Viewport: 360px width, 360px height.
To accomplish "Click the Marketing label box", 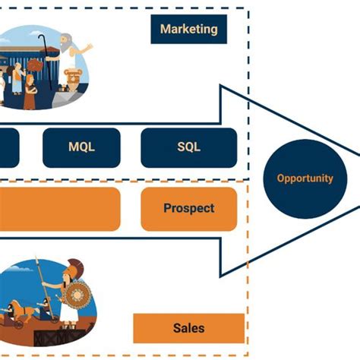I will tap(188, 30).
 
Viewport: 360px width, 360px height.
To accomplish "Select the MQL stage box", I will tap(81, 147).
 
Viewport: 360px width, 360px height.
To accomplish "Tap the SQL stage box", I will tap(188, 147).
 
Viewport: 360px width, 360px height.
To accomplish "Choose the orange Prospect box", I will tap(188, 208).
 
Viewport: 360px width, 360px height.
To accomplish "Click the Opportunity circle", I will tap(305, 178).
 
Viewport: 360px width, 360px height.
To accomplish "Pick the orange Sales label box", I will tap(188, 328).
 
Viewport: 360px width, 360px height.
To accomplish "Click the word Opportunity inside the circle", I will tap(305, 178).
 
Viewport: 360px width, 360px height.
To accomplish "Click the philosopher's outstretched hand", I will tap(90, 47).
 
